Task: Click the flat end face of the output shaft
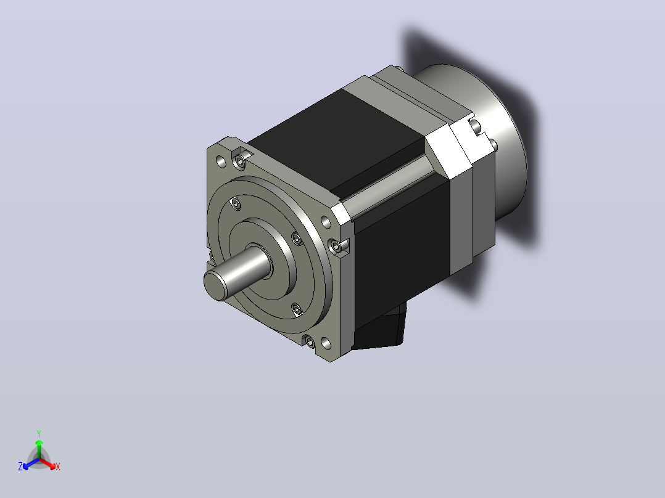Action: point(215,285)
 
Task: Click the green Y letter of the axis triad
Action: point(39,433)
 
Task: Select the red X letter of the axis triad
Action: point(58,467)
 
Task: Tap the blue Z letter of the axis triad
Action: point(20,467)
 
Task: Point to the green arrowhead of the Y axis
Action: point(39,443)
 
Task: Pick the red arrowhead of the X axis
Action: point(52,466)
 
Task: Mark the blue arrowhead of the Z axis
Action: point(26,466)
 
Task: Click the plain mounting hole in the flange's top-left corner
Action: point(221,161)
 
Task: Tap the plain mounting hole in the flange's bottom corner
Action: point(326,343)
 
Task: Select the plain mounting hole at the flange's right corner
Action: point(326,222)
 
